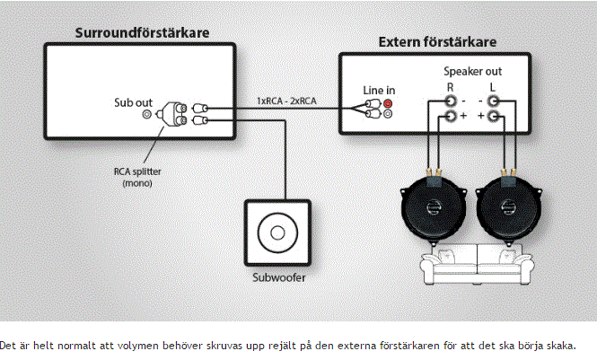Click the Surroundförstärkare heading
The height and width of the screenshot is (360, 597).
[x=142, y=32]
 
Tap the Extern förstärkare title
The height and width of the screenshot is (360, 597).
[x=437, y=42]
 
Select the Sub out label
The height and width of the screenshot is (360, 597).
[x=133, y=102]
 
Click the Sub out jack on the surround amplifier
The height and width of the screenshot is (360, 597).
[x=146, y=114]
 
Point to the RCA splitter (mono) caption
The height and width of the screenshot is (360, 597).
[x=137, y=178]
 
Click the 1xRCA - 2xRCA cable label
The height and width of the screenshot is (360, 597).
[x=286, y=101]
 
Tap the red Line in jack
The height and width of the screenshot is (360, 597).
[x=388, y=103]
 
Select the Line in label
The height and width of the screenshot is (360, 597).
[x=379, y=91]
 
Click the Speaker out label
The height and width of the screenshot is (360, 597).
[x=472, y=72]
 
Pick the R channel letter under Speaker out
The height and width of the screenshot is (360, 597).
[x=450, y=87]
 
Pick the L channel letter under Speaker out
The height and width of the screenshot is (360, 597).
[x=492, y=87]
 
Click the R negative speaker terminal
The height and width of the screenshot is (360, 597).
[x=451, y=101]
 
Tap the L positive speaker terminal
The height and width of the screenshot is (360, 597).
[x=493, y=116]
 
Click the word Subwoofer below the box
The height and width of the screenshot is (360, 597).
[x=279, y=277]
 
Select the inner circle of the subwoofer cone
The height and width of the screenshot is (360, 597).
[x=277, y=233]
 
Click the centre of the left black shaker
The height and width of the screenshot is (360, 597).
[x=433, y=207]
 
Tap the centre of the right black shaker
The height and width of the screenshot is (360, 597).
[x=508, y=207]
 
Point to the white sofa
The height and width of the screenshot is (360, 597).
[x=477, y=265]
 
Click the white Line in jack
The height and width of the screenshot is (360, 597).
[x=388, y=113]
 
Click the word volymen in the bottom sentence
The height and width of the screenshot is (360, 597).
[x=137, y=346]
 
